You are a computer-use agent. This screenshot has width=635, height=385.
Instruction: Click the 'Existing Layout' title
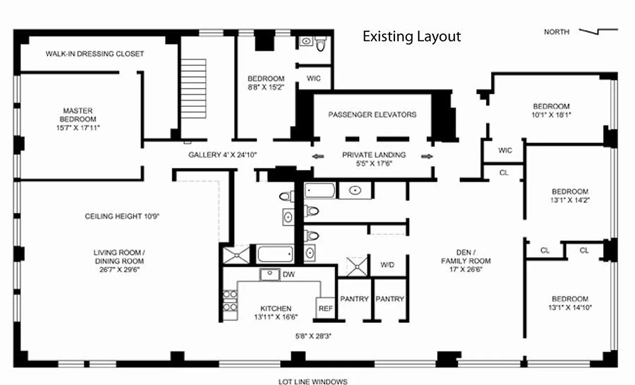(411, 37)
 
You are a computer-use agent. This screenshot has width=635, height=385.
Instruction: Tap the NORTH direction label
(557, 32)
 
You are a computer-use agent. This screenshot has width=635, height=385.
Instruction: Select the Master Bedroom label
(77, 119)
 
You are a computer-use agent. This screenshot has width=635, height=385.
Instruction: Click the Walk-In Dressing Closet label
(95, 54)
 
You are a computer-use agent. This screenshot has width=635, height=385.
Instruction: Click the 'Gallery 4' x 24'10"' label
(223, 155)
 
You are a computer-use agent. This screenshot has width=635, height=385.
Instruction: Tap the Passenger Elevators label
(372, 115)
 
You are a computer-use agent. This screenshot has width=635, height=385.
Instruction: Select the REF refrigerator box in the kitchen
(325, 308)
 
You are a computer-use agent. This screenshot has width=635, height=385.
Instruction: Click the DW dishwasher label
(289, 275)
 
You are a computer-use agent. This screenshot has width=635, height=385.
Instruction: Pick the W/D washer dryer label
(387, 265)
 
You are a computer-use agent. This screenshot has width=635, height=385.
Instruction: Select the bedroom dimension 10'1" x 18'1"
(551, 115)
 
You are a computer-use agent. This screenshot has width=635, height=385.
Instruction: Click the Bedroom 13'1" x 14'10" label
(570, 303)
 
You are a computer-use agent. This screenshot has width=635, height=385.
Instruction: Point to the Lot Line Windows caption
(313, 382)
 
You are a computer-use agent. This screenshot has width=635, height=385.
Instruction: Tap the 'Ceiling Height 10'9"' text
(122, 216)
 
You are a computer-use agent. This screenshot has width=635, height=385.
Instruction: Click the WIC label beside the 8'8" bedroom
(313, 78)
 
